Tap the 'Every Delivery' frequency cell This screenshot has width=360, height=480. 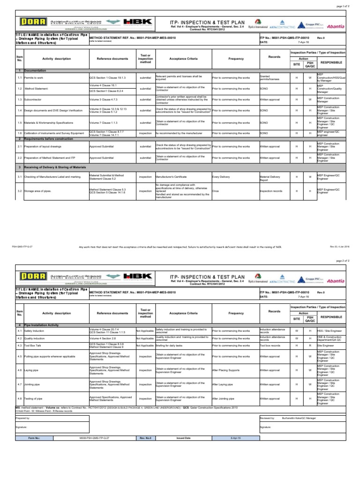coord(221,177)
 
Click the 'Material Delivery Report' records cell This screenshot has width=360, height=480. coord(270,177)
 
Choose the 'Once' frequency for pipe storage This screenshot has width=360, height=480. coord(215,191)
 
